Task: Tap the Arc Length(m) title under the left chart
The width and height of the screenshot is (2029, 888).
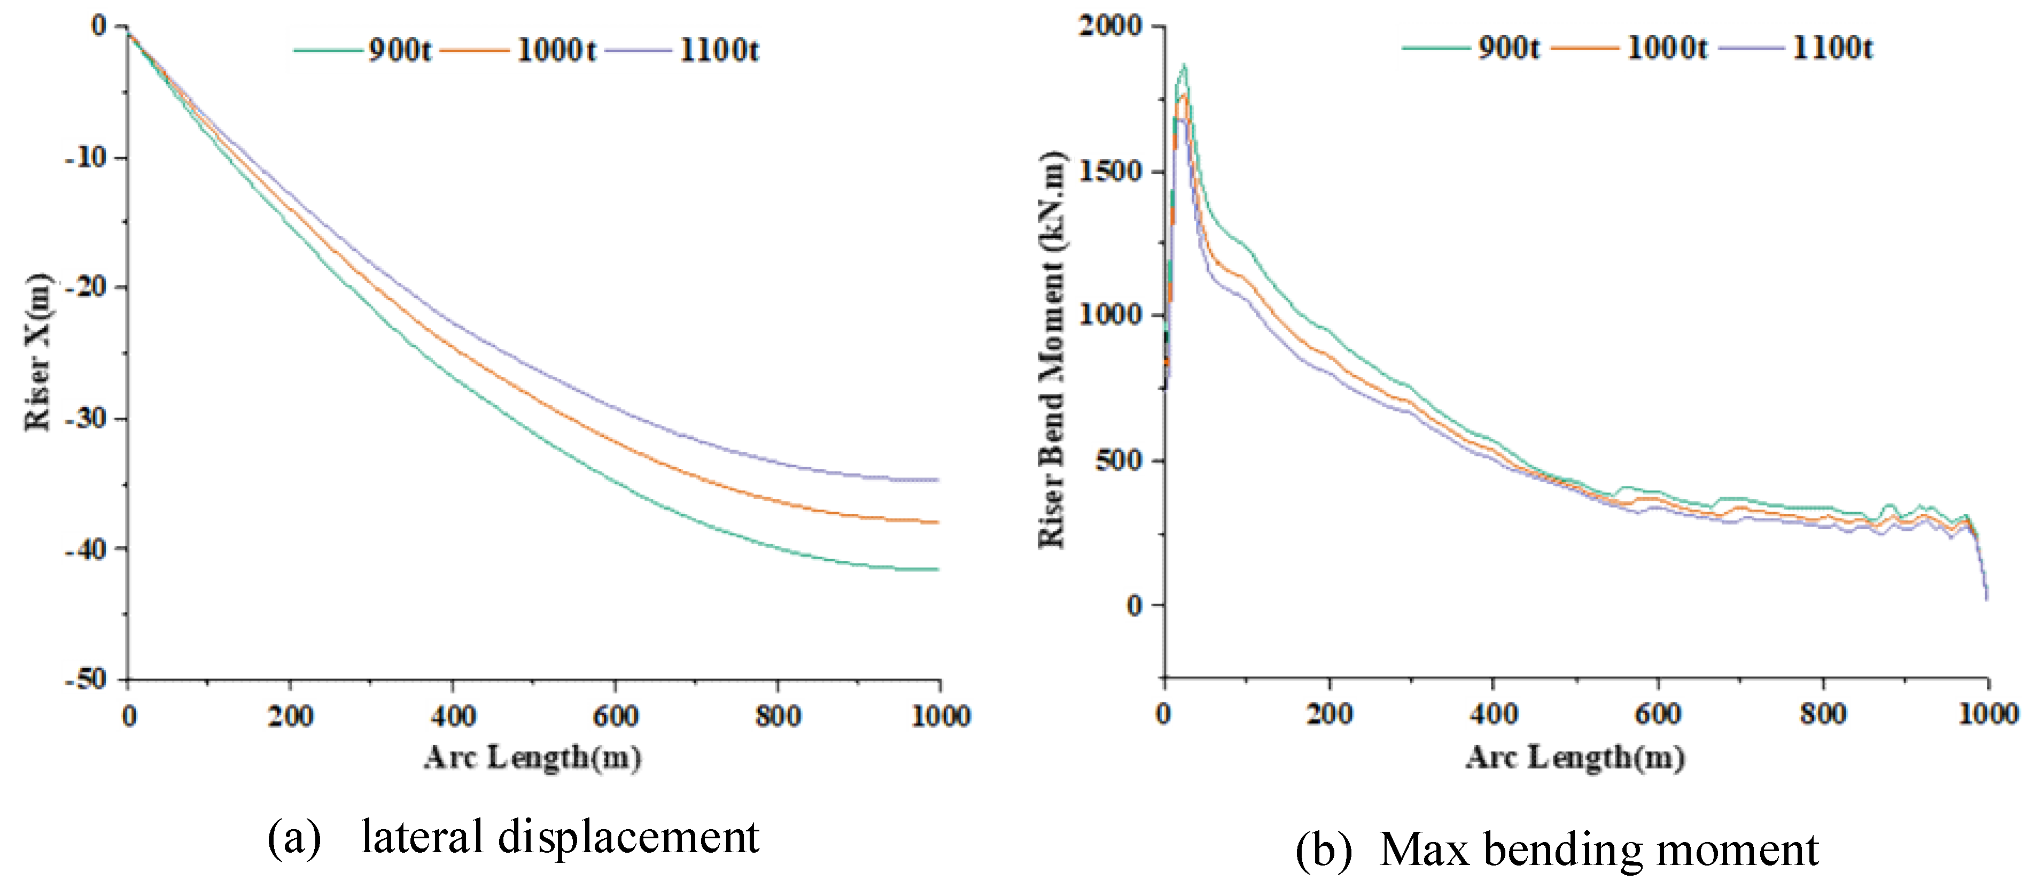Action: click(532, 758)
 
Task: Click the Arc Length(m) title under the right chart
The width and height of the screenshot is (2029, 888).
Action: click(1575, 758)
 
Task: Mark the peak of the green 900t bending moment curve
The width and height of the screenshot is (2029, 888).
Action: click(1184, 66)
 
